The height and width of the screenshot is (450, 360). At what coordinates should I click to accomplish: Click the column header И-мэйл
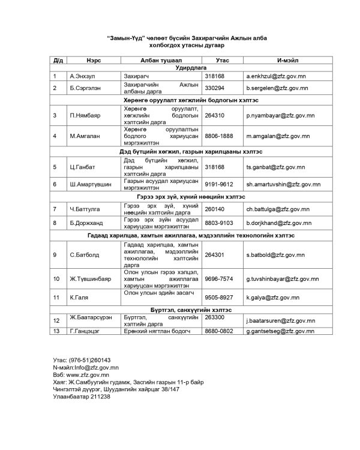(284, 61)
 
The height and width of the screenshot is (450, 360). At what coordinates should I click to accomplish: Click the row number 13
(56, 331)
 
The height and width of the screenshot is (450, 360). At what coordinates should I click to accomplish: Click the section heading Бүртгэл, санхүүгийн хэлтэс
(181, 310)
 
